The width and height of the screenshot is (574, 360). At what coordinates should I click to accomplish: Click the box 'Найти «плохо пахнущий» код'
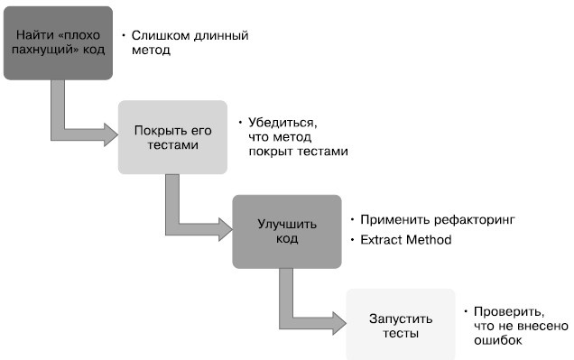(x=61, y=42)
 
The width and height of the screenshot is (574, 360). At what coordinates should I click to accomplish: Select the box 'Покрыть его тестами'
(x=171, y=137)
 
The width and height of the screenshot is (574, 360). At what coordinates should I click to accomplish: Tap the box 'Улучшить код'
(x=286, y=231)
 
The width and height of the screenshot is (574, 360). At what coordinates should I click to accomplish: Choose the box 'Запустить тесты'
(x=401, y=325)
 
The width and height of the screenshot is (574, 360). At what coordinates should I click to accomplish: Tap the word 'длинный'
(x=216, y=36)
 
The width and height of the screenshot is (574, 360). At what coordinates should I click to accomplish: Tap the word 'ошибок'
(x=498, y=341)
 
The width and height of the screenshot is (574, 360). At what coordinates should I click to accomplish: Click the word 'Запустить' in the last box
(x=401, y=318)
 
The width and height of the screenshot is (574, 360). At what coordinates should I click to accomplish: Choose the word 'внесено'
(x=542, y=325)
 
